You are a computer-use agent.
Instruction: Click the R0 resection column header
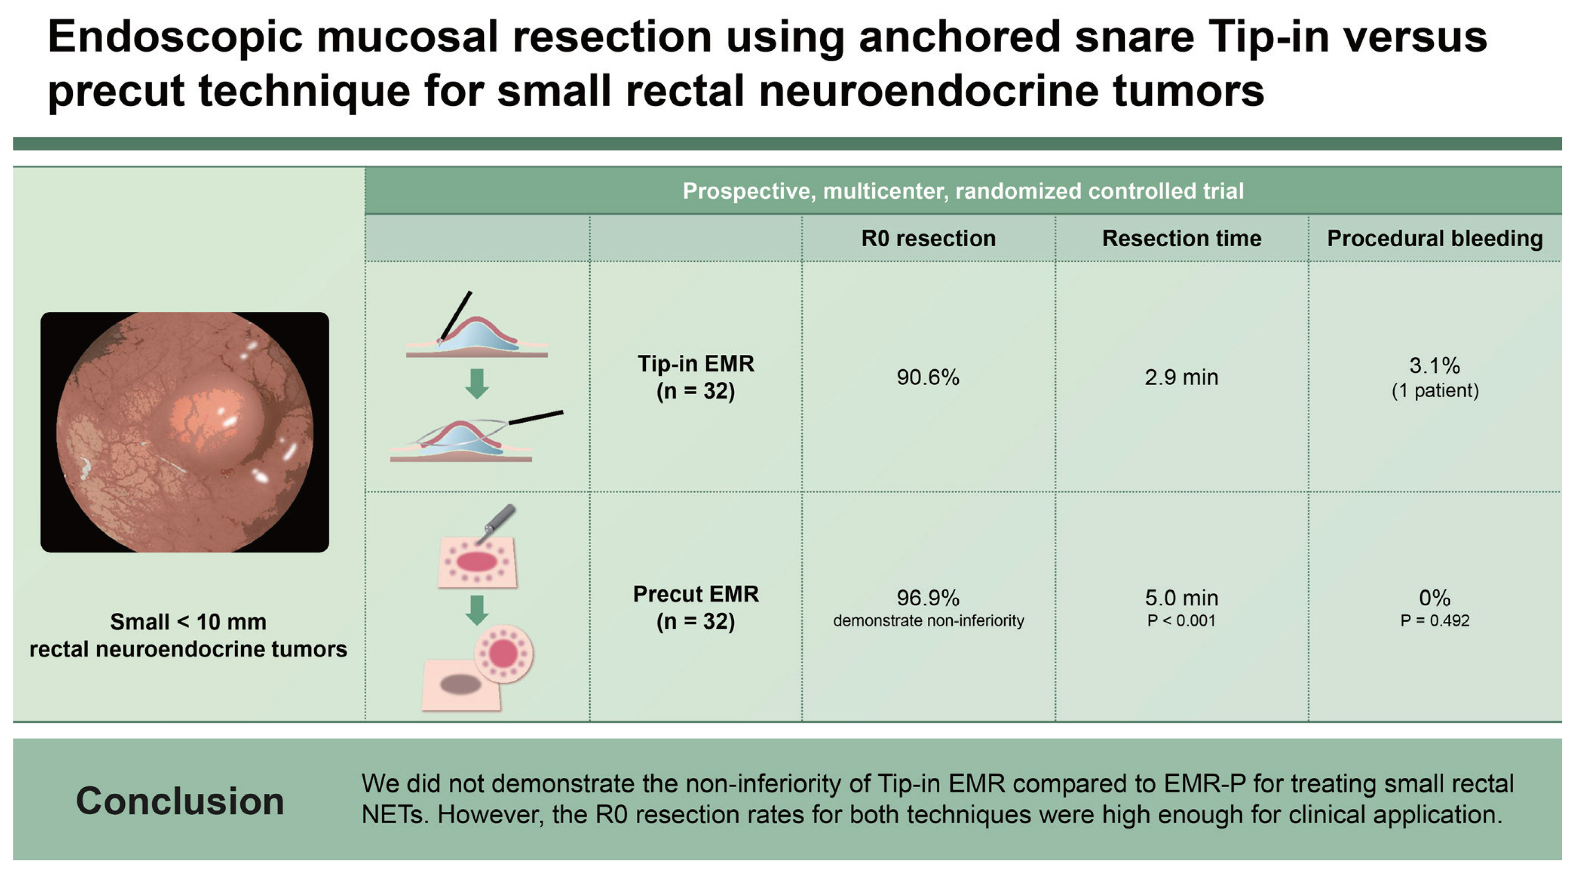928,238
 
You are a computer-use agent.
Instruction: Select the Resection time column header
1181,238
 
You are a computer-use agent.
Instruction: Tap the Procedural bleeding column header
1435,239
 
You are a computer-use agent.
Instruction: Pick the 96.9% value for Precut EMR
928,597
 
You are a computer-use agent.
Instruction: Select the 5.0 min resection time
1181,597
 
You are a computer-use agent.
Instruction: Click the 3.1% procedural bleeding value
1435,366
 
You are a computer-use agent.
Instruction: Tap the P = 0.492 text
1435,621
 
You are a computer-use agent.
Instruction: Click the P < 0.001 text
1181,621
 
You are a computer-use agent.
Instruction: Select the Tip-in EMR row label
696,377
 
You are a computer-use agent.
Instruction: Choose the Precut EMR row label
696,607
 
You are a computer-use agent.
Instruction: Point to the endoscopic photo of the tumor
185,432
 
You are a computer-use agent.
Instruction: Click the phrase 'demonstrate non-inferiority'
928,621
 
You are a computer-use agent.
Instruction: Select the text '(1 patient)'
1435,391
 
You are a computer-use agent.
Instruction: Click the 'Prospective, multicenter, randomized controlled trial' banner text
963,191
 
